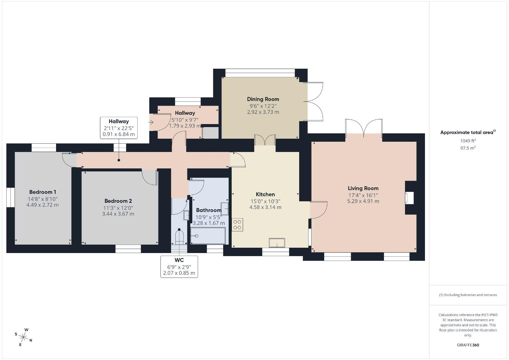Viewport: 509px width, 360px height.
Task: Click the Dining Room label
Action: point(263,99)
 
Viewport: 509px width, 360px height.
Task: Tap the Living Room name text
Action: point(363,188)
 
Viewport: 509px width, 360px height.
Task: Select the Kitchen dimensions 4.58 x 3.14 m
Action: point(266,207)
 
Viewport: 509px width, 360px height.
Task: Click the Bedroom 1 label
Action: point(42,192)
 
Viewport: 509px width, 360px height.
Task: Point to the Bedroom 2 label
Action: point(118,201)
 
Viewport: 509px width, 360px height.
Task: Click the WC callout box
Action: point(179,267)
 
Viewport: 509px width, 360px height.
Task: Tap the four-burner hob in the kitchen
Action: point(237,225)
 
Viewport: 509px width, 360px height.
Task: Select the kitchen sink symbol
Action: point(277,243)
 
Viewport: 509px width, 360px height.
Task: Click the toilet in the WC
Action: point(179,237)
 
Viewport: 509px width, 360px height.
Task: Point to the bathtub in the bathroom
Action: point(208,236)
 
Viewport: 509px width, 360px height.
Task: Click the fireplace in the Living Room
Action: point(409,198)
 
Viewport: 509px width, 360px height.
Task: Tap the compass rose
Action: point(23,337)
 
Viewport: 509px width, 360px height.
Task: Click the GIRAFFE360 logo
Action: point(468,345)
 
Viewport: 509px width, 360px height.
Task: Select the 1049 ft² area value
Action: point(468,141)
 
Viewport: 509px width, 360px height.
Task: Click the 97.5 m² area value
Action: point(468,148)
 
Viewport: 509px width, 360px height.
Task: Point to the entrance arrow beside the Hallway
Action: point(151,122)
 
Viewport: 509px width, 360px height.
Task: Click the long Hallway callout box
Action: point(119,128)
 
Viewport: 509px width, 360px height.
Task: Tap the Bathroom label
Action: point(208,210)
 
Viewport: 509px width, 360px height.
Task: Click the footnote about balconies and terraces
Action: point(468,295)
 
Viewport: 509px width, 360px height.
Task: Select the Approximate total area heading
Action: point(468,132)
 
